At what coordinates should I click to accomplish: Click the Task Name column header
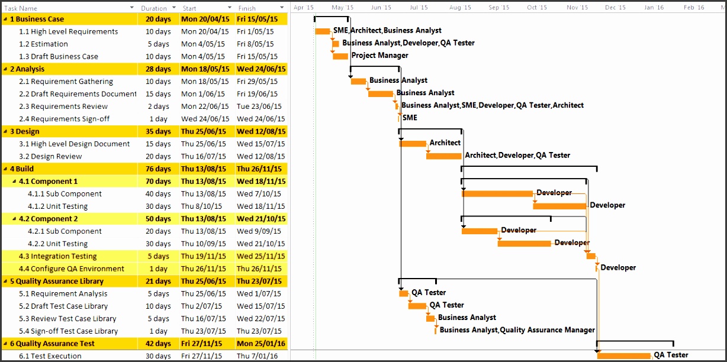(x=21, y=8)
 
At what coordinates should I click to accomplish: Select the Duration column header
(x=154, y=8)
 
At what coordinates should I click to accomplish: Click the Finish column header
(x=247, y=8)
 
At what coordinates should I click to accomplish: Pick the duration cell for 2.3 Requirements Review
(x=158, y=106)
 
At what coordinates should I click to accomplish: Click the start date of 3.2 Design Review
(x=203, y=156)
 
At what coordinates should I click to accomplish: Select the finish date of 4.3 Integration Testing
(x=261, y=256)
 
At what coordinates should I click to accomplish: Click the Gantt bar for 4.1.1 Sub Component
(x=497, y=193)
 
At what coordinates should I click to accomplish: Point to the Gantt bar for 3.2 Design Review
(x=443, y=156)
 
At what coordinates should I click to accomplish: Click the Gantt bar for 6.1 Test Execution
(x=623, y=355)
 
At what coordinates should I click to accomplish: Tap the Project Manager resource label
(x=379, y=56)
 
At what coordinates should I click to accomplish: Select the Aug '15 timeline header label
(x=460, y=8)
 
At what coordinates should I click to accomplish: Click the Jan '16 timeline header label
(x=654, y=8)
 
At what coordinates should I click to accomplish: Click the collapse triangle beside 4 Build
(x=5, y=169)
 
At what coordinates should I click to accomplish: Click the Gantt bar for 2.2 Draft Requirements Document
(x=380, y=93)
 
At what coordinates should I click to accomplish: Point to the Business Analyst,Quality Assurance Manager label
(x=517, y=330)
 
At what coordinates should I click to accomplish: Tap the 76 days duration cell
(x=158, y=169)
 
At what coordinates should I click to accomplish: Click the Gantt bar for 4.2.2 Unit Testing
(x=524, y=243)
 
